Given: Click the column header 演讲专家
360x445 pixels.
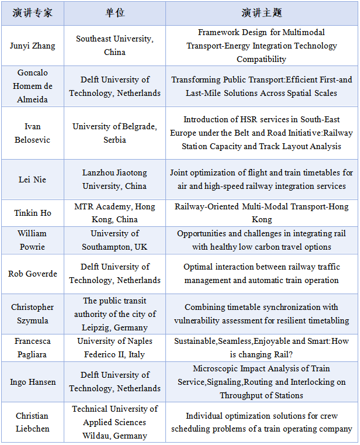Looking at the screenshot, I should (32, 12).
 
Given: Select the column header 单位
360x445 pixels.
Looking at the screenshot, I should (115, 12).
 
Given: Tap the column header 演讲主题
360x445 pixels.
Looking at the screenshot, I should (261, 12).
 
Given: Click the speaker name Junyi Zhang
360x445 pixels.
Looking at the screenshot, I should (32, 46).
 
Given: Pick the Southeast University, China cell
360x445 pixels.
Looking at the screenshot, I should (115, 46).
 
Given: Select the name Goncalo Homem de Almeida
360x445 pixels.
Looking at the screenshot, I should (32, 86).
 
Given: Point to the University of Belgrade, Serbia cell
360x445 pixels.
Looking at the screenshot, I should (115, 133).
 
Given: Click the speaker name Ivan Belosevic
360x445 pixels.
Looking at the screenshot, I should (32, 133).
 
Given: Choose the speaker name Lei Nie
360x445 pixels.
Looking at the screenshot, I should (32, 180).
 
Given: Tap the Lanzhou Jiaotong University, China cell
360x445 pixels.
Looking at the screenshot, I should (115, 180).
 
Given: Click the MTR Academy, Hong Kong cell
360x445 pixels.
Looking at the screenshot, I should (115, 213).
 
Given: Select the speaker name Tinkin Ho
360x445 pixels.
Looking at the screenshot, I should (32, 213).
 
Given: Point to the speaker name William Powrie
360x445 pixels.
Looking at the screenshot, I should (32, 240).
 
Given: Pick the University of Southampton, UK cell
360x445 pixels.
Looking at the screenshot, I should (115, 240).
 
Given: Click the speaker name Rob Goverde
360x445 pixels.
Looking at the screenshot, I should (32, 274).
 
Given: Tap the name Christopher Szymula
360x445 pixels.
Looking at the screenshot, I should (32, 313).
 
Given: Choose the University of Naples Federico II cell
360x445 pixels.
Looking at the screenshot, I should (115, 347).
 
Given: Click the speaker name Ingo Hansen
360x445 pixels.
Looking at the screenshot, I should (32, 382).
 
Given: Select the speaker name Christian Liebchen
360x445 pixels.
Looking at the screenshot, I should (32, 422).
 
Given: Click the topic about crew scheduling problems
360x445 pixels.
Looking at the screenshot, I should (261, 422).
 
